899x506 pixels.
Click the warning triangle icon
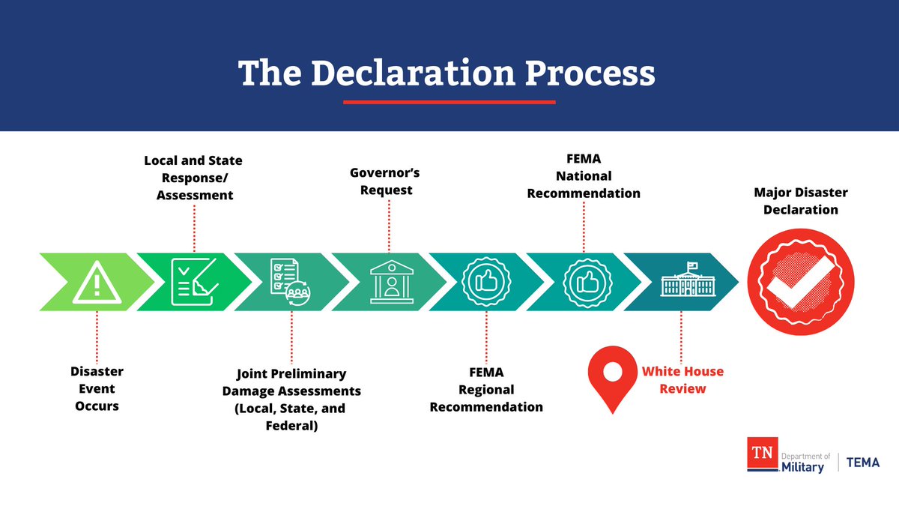97,283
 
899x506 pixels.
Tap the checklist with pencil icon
194,282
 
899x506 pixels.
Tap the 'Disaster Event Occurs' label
97,388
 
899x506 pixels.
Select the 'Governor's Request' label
385,181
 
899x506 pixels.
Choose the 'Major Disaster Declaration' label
800,201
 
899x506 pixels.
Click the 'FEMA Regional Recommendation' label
486,389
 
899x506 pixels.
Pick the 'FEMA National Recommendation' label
584,176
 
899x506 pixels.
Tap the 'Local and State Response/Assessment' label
193,178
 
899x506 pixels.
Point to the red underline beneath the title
449,102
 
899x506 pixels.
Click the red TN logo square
762,455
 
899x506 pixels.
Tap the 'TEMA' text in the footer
862,463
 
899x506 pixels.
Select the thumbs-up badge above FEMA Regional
486,283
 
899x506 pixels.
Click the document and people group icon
291,280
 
